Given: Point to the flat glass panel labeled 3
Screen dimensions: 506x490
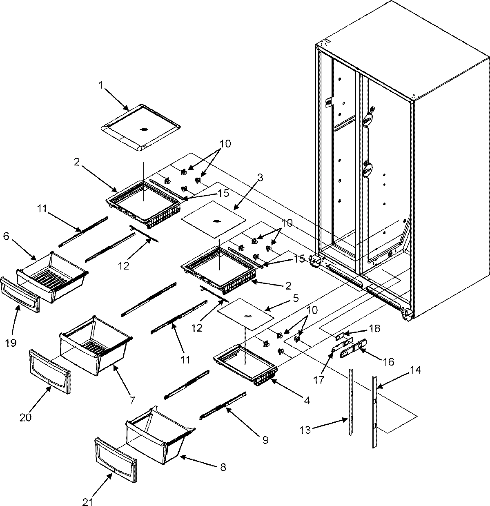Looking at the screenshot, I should pos(214,221).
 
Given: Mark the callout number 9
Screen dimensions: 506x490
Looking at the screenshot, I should pos(266,440).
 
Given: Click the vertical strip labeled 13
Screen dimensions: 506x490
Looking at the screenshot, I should pos(351,402).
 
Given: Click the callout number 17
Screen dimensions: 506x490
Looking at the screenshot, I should pos(319,380).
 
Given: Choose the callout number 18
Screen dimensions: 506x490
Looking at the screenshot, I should pos(374,328).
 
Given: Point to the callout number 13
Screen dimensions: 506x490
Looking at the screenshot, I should pos(305,429).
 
